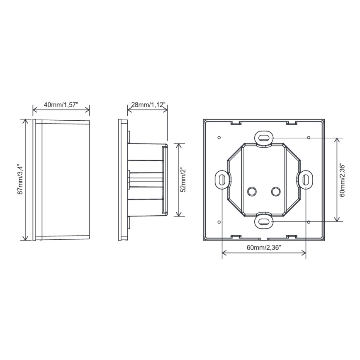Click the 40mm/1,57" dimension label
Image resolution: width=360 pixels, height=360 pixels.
point(61,105)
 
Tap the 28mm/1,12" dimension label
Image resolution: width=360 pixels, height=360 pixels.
point(147,105)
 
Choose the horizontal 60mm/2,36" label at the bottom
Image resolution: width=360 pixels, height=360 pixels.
point(264,248)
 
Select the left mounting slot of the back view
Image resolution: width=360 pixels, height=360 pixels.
point(222,180)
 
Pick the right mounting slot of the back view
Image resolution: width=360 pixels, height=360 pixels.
point(306,180)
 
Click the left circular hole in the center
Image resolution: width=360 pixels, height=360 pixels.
point(251,191)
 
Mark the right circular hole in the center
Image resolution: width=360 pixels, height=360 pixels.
point(276,191)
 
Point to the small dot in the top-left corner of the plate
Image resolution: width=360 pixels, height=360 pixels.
point(219,137)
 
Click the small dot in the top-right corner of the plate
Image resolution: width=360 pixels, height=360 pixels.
point(309,137)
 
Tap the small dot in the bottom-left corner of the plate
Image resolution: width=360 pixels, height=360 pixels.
point(219,221)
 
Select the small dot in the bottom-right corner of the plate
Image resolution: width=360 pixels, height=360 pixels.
point(309,221)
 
